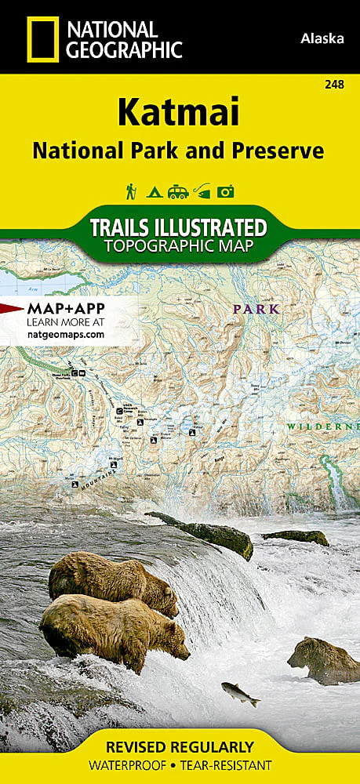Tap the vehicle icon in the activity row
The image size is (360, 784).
[178, 191]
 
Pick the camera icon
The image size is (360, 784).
[227, 191]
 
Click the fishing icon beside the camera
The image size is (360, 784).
[202, 191]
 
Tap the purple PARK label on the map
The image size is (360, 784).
[256, 309]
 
